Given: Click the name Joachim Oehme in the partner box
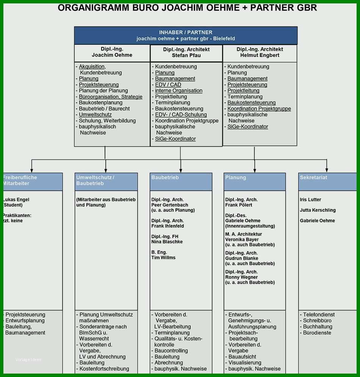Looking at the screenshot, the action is pyautogui.click(x=112, y=55).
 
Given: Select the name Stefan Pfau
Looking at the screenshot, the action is pyautogui.click(x=186, y=55).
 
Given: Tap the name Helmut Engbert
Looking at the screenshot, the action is pyautogui.click(x=260, y=55).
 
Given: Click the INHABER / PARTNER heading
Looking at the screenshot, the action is pyautogui.click(x=186, y=32).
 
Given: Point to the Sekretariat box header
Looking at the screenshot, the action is pyautogui.click(x=327, y=182).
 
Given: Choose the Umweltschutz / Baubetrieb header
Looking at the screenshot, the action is pyautogui.click(x=106, y=182).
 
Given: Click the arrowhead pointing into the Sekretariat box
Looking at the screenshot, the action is pyautogui.click(x=327, y=170).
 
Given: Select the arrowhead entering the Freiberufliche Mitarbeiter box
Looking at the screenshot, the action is pyautogui.click(x=31, y=170).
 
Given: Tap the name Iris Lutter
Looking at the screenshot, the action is pyautogui.click(x=310, y=199).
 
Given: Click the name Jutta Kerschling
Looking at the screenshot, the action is pyautogui.click(x=318, y=210).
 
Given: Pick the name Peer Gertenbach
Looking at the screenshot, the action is pyautogui.click(x=169, y=205).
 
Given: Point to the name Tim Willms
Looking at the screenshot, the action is pyautogui.click(x=163, y=258).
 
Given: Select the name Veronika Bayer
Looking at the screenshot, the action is pyautogui.click(x=242, y=239).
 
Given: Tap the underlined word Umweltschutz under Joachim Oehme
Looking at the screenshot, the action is pyautogui.click(x=95, y=115).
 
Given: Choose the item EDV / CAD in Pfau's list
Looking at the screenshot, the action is pyautogui.click(x=168, y=85).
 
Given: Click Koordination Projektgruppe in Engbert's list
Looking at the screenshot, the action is pyautogui.click(x=259, y=109).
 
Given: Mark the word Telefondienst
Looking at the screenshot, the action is pyautogui.click(x=319, y=314).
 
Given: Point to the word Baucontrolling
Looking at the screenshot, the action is pyautogui.click(x=171, y=350).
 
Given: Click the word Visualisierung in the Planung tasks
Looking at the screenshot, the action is pyautogui.click(x=245, y=363).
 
